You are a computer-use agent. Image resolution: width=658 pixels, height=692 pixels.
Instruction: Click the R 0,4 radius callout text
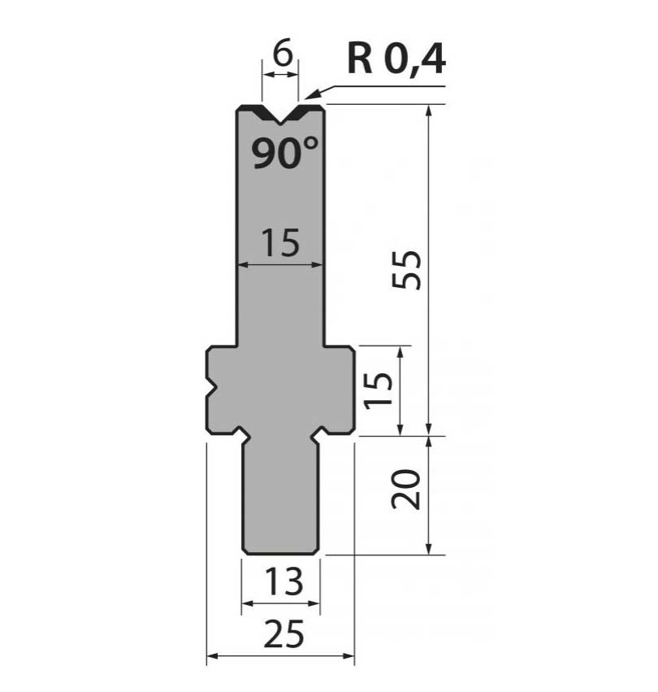pyautogui.click(x=396, y=59)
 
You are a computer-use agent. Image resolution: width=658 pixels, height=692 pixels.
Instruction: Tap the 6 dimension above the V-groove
pyautogui.click(x=282, y=54)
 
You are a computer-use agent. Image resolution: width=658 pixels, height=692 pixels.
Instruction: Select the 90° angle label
pyautogui.click(x=284, y=153)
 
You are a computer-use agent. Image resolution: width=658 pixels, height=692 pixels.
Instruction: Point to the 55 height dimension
pyautogui.click(x=406, y=270)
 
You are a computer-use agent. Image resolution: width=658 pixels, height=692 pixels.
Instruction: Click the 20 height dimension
pyautogui.click(x=406, y=489)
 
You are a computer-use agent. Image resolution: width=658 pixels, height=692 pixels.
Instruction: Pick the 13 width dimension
pyautogui.click(x=284, y=581)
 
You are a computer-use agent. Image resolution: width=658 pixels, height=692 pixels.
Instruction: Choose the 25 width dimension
pyautogui.click(x=284, y=633)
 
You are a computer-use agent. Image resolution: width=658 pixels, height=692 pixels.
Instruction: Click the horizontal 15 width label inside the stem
pyautogui.click(x=280, y=242)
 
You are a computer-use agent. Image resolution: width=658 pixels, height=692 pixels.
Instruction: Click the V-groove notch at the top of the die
pyautogui.click(x=280, y=115)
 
